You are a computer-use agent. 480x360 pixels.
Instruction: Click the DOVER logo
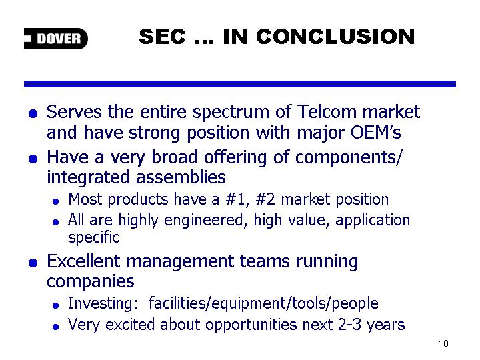pyautogui.click(x=56, y=39)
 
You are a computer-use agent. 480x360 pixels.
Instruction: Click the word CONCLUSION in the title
pyautogui.click(x=335, y=37)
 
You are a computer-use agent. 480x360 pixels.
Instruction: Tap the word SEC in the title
pyautogui.click(x=162, y=37)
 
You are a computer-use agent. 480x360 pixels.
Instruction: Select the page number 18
pyautogui.click(x=443, y=343)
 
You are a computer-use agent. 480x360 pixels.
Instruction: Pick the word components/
pyautogui.click(x=349, y=158)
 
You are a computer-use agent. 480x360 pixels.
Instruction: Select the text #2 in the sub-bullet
pyautogui.click(x=265, y=199)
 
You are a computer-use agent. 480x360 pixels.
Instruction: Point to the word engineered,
pyautogui.click(x=206, y=221)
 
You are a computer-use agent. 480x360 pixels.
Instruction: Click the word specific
pyautogui.click(x=93, y=238)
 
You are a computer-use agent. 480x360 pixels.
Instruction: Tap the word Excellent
pyautogui.click(x=83, y=261)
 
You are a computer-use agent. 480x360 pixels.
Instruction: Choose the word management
pyautogui.click(x=180, y=263)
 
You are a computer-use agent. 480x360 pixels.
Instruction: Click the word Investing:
pyautogui.click(x=103, y=304)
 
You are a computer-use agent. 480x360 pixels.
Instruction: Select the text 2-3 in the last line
pyautogui.click(x=349, y=325)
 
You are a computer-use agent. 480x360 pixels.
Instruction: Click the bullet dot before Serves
pyautogui.click(x=33, y=114)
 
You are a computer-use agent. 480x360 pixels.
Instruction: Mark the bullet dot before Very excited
pyautogui.click(x=55, y=327)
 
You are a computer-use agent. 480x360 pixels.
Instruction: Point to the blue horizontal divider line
pyautogui.click(x=240, y=84)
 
